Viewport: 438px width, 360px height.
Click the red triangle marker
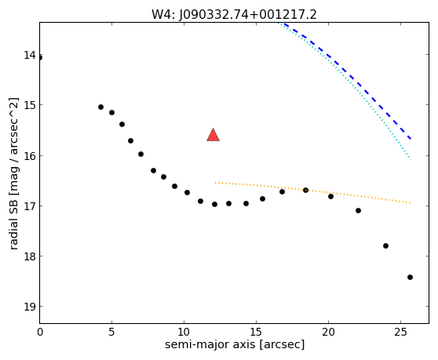click(x=214, y=136)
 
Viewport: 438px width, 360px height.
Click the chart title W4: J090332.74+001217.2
click(x=234, y=15)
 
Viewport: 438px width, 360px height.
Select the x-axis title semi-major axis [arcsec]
click(x=235, y=344)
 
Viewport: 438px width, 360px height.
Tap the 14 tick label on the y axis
click(x=30, y=55)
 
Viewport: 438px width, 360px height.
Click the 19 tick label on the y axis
click(x=30, y=307)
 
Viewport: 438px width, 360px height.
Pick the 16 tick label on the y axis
click(x=30, y=156)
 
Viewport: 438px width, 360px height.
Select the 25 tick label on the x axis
click(x=401, y=332)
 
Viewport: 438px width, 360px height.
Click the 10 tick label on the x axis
click(x=184, y=332)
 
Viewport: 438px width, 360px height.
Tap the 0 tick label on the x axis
click(x=40, y=332)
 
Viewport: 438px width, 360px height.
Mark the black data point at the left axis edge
click(x=40, y=58)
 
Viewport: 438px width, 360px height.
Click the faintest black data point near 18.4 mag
click(x=410, y=277)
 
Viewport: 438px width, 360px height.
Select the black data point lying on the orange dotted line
click(x=305, y=190)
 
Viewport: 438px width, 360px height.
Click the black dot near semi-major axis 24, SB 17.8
click(x=385, y=245)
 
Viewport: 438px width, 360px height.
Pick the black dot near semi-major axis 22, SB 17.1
click(x=358, y=210)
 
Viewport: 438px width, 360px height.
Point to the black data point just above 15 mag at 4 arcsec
click(x=100, y=107)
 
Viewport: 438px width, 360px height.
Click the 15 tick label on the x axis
click(x=256, y=332)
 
